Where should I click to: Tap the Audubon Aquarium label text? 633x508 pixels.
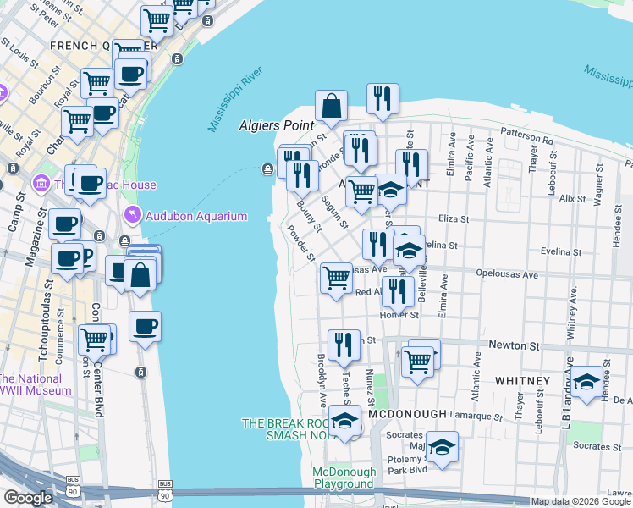pyautogui.click(x=196, y=216)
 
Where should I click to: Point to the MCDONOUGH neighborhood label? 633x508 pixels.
pyautogui.click(x=405, y=413)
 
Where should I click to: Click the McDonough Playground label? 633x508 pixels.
pyautogui.click(x=343, y=478)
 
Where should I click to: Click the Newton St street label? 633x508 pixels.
pyautogui.click(x=514, y=346)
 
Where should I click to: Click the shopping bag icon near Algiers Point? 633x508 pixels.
pyautogui.click(x=332, y=106)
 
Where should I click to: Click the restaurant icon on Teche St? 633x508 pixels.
pyautogui.click(x=344, y=345)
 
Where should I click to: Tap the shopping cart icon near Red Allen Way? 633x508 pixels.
pyautogui.click(x=337, y=278)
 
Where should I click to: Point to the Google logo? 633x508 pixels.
pyautogui.click(x=28, y=498)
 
